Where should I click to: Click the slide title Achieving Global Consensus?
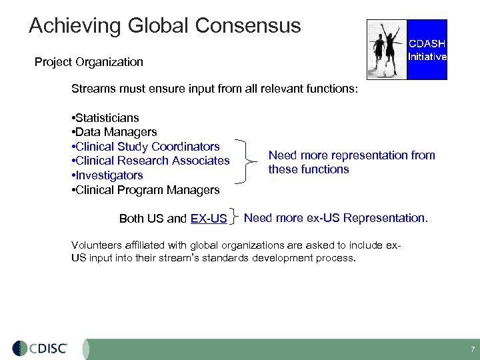click(165, 26)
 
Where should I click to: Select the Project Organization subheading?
click(89, 62)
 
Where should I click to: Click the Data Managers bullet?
click(113, 132)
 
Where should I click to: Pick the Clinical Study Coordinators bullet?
click(145, 147)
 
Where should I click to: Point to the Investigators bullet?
click(106, 175)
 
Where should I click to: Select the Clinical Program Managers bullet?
click(145, 190)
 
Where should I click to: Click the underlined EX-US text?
click(208, 219)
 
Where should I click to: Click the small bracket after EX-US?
click(235, 218)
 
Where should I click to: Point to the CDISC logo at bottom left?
click(40, 348)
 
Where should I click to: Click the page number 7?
click(472, 349)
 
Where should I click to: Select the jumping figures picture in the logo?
click(387, 49)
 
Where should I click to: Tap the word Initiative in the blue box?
click(427, 57)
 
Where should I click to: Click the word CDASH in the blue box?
click(427, 44)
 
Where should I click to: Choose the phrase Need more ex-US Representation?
click(336, 218)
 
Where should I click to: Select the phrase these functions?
click(309, 169)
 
